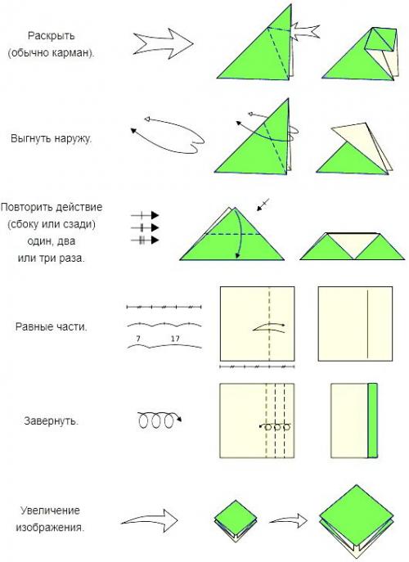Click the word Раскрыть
52,36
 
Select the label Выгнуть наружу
52,139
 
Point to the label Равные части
52,327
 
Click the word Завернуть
52,420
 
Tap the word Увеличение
50,510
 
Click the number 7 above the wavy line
138,339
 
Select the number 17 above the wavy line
175,339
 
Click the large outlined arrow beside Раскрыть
163,44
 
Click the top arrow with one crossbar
145,215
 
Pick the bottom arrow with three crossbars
145,241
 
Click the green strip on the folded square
373,420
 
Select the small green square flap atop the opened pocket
383,39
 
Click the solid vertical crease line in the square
367,324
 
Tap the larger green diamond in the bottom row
356,510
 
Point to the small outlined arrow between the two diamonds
289,520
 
